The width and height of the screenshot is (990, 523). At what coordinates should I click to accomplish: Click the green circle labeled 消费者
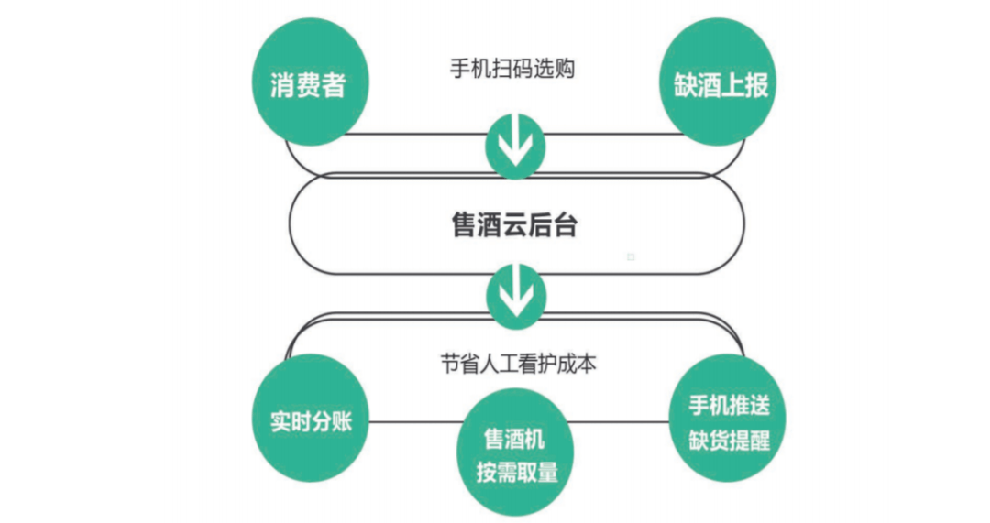pos(309,86)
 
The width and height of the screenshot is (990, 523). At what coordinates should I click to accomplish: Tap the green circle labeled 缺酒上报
pos(715,86)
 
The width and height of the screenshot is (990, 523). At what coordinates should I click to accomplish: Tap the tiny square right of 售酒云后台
pos(631,257)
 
